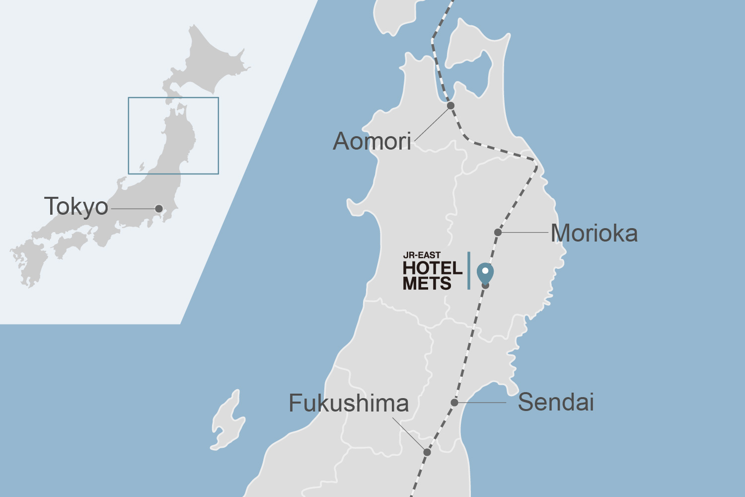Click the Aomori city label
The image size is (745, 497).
pyautogui.click(x=372, y=142)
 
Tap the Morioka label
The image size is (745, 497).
pyautogui.click(x=594, y=233)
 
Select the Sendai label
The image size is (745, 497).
pyautogui.click(x=556, y=402)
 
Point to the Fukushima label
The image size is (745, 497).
pyautogui.click(x=349, y=403)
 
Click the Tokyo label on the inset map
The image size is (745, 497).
pyautogui.click(x=76, y=206)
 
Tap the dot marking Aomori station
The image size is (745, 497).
pyautogui.click(x=450, y=105)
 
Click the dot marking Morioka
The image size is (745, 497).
pyautogui.click(x=498, y=232)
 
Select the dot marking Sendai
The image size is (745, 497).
pyautogui.click(x=454, y=402)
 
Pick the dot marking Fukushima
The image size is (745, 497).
pyautogui.click(x=427, y=452)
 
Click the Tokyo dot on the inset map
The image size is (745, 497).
pyautogui.click(x=159, y=209)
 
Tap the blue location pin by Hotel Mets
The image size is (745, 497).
pyautogui.click(x=485, y=272)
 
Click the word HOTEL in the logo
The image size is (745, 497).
pyautogui.click(x=432, y=268)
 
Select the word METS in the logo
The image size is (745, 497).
pyautogui.click(x=427, y=284)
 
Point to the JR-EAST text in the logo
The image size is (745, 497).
pyautogui.click(x=422, y=255)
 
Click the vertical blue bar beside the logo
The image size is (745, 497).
pyautogui.click(x=468, y=270)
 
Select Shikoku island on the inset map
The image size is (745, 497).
pyautogui.click(x=72, y=244)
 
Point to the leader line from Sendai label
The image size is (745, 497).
pyautogui.click(x=482, y=402)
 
